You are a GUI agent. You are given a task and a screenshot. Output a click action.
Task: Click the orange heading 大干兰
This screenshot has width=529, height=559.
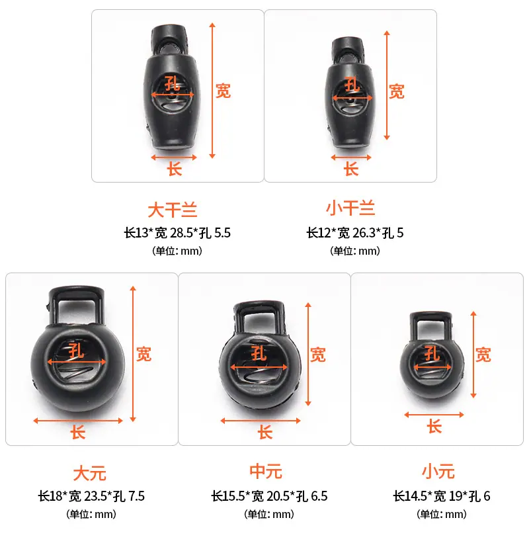[x=173, y=210]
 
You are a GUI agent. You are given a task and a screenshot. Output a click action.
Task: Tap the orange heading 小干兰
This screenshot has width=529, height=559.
[x=350, y=208]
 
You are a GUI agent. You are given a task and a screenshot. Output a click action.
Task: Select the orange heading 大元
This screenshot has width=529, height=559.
[x=90, y=474]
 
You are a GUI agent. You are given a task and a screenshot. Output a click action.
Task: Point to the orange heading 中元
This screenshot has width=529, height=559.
[x=266, y=471]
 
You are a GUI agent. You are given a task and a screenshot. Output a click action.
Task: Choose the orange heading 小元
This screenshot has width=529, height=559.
[x=438, y=471]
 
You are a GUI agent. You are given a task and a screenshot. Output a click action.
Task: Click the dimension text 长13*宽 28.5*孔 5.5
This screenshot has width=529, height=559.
[x=177, y=233]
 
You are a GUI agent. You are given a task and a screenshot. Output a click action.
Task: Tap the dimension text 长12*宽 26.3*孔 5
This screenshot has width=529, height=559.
[x=355, y=233]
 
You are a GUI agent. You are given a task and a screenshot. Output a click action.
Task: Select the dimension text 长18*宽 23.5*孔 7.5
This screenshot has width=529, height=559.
[x=92, y=496]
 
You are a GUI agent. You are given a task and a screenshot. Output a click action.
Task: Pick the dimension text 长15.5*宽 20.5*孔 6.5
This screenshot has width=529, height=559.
[x=270, y=496]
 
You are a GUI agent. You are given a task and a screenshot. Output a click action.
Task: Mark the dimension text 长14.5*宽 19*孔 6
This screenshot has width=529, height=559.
[x=442, y=496]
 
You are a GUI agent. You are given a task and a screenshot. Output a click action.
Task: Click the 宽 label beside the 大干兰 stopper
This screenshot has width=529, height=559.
[x=223, y=91]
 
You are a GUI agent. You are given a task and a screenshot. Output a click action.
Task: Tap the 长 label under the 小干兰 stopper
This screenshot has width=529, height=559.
[x=351, y=169]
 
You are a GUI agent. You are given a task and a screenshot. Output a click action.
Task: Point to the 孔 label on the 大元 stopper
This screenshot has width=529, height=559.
[x=76, y=351]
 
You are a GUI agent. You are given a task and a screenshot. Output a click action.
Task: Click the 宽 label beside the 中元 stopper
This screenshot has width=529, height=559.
[x=317, y=355]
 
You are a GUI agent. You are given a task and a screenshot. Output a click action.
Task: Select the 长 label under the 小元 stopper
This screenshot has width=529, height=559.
[x=434, y=426]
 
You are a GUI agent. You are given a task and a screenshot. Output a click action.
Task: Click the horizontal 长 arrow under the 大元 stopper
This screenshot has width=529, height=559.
[x=78, y=421]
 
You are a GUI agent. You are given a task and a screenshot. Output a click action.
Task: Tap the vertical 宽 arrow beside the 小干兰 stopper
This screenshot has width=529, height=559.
[x=387, y=85]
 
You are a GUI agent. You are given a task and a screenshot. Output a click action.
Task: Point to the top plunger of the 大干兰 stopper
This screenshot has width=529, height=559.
[x=170, y=38]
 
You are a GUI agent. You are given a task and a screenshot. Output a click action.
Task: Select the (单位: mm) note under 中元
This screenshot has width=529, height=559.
[x=269, y=514]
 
